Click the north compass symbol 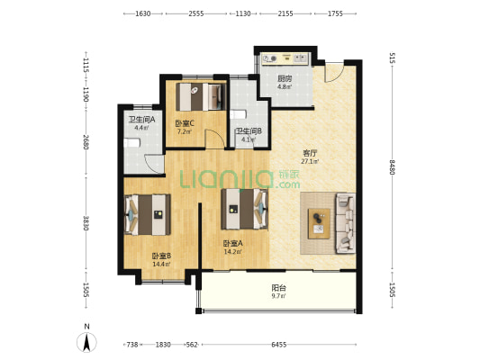tap(86, 342)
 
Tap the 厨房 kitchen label tap(285, 78)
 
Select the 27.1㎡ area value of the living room tap(310, 161)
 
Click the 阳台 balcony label tap(279, 288)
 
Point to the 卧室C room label tap(185, 123)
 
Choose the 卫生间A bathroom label tap(141, 120)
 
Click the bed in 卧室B tap(148, 215)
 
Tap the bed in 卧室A tap(245, 209)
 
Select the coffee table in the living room tap(319, 223)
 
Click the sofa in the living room tap(346, 223)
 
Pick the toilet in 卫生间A tap(132, 143)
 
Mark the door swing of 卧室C tap(214, 139)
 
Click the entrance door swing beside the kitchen tap(334, 73)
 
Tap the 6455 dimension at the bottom tap(279, 345)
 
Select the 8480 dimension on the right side tap(392, 167)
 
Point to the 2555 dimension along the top tap(196, 13)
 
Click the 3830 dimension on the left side tap(86, 223)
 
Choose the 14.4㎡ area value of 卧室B tap(161, 265)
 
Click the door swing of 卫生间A tap(154, 165)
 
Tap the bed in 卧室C tap(201, 97)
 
